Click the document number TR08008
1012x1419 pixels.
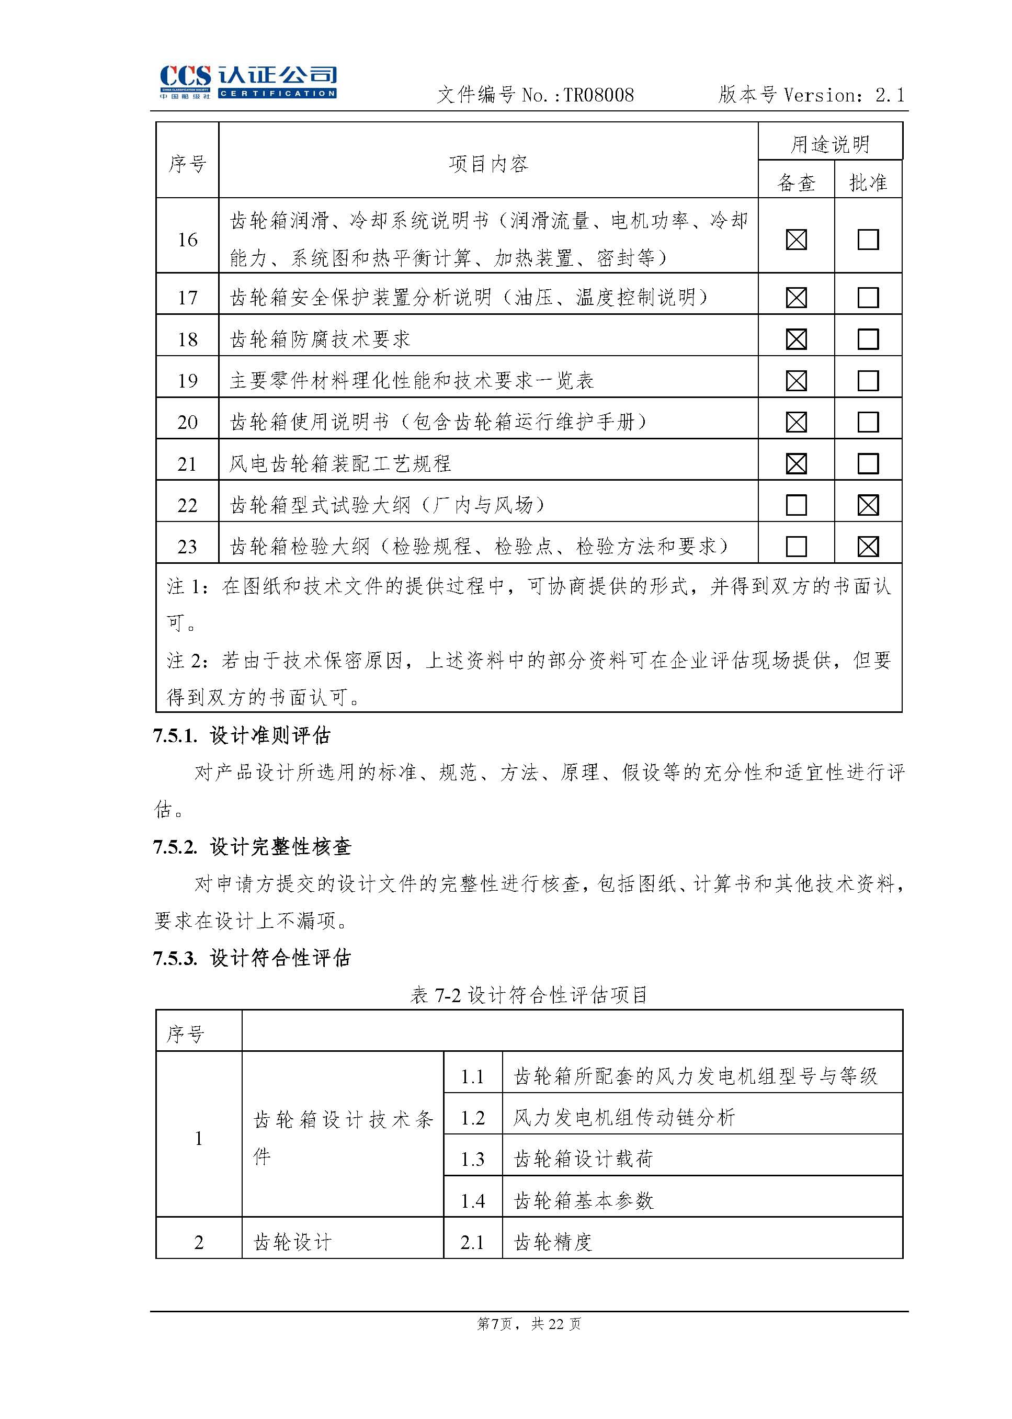pos(598,95)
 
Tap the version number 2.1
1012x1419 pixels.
pos(889,95)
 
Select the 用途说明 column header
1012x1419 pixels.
pos(830,144)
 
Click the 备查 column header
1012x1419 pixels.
pos(796,183)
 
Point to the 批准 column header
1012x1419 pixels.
pos(868,183)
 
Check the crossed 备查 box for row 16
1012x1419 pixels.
pos(797,240)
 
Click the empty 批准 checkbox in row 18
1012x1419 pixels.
pos(868,339)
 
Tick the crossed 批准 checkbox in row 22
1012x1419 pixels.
pos(868,505)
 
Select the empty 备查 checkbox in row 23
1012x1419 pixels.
pos(797,547)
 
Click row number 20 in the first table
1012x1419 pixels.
pos(188,423)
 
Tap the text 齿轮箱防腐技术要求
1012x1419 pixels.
pos(320,339)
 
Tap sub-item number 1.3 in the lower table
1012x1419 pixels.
pos(472,1159)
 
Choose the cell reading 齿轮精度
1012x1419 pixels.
pos(553,1242)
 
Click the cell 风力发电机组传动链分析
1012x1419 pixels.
pos(624,1117)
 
